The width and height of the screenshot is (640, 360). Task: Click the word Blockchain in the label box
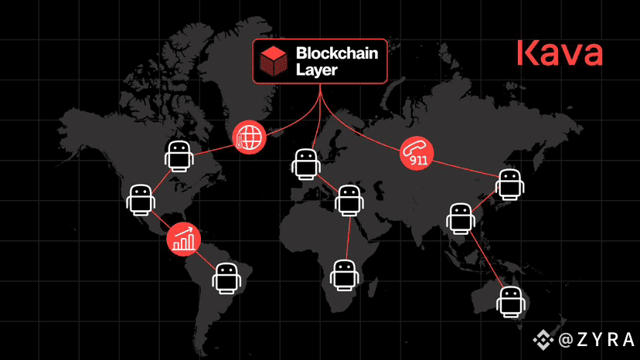tap(337, 53)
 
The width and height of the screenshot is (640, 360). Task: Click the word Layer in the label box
tap(316, 70)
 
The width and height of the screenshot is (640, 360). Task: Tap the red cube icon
tap(274, 61)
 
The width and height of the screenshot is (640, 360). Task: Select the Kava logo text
tap(560, 53)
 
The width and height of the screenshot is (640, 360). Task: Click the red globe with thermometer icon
tap(249, 138)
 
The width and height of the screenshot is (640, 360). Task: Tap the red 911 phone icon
tap(417, 153)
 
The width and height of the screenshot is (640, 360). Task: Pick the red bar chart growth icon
tap(184, 239)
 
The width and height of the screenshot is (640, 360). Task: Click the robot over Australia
tap(511, 302)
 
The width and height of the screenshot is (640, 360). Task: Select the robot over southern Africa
tap(345, 276)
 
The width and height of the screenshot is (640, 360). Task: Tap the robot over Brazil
tap(226, 279)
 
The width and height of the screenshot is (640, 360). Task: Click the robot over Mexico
tap(141, 200)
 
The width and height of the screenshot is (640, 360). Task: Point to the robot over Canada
tap(179, 156)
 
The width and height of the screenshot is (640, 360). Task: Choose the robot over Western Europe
tap(306, 165)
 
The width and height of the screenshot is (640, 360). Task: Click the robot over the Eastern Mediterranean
tap(349, 200)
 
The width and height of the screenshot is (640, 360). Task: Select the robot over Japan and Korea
tap(510, 185)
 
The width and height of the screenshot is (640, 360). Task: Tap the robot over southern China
tap(461, 219)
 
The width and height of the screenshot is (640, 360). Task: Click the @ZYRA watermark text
tap(596, 340)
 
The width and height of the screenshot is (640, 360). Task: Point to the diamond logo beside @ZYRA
tap(543, 340)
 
